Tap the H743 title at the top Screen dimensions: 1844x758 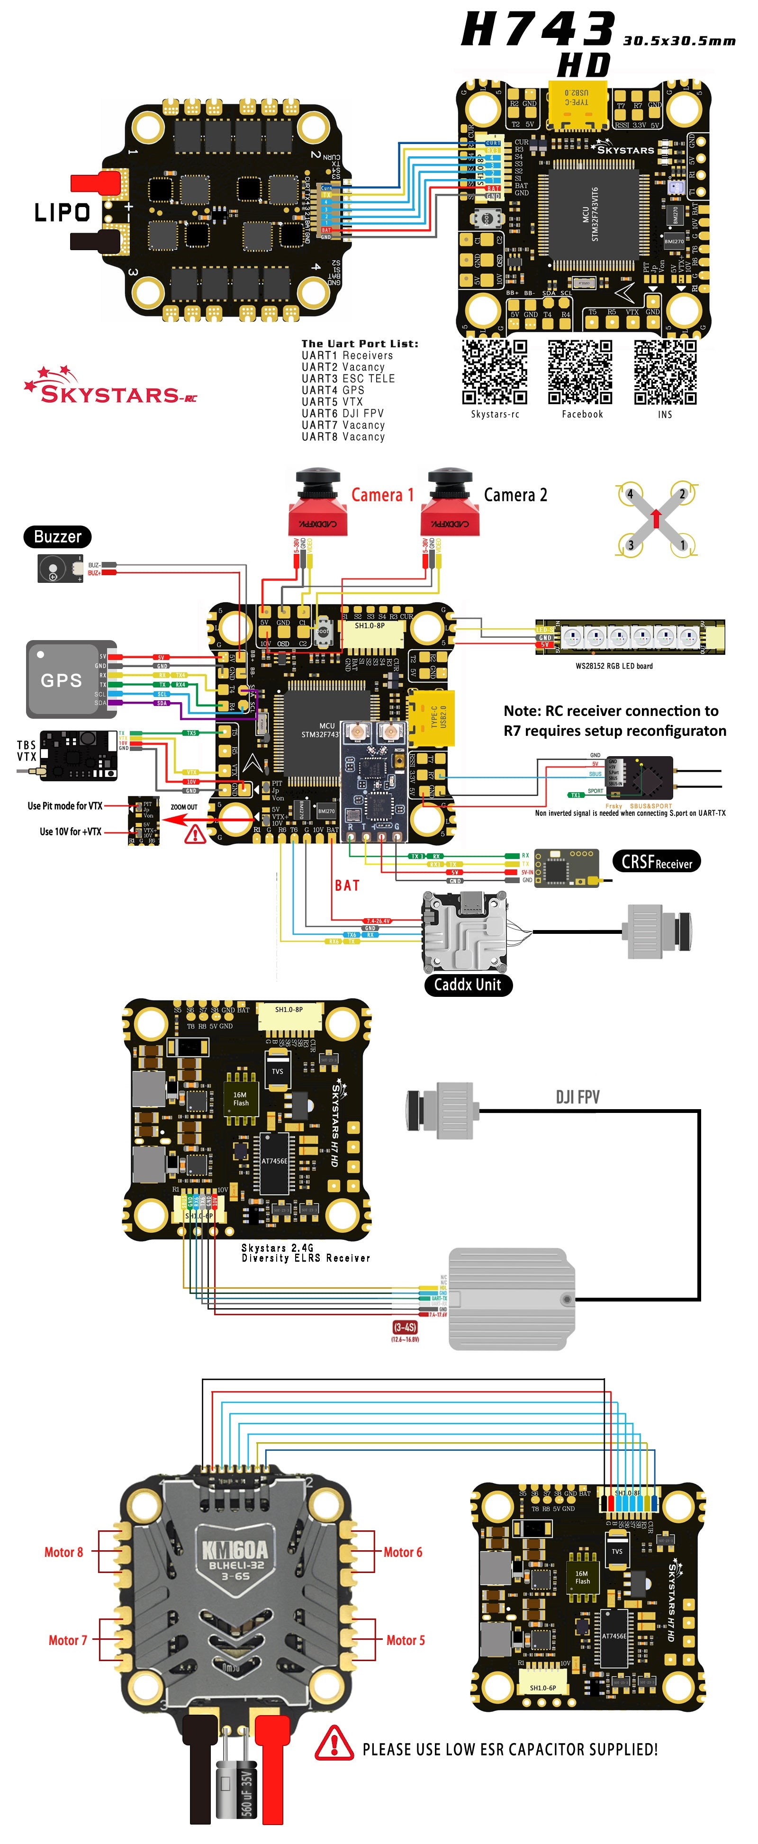(538, 30)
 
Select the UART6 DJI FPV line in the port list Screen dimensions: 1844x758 (342, 413)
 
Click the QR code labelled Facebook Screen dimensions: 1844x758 (580, 372)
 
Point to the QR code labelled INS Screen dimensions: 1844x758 (665, 372)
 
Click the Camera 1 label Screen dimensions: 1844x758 (382, 495)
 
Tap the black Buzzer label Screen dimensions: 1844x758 (57, 536)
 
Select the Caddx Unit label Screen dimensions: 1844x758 (468, 984)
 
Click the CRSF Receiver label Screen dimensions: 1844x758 (656, 861)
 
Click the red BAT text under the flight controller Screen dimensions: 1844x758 (347, 886)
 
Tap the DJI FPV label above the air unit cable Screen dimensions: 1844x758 (578, 1097)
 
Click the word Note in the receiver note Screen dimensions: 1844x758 (522, 711)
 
